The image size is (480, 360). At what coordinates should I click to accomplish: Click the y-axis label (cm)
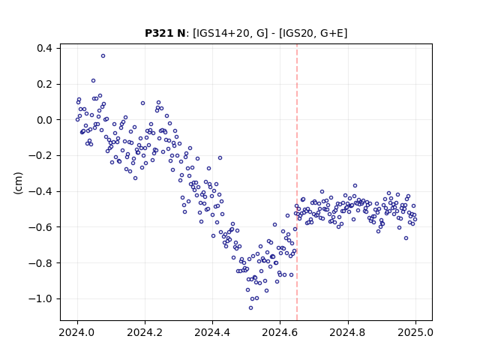[18, 183]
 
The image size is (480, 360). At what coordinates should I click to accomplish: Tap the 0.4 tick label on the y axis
[44, 48]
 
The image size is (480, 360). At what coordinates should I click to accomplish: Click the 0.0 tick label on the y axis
[44, 120]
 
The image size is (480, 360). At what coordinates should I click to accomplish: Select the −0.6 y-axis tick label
[40, 227]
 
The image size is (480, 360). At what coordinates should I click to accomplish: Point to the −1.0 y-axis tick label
[40, 298]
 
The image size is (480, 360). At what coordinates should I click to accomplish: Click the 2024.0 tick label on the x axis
[77, 332]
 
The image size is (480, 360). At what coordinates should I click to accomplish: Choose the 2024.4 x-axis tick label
[212, 332]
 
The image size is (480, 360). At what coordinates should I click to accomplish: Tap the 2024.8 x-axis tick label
[348, 332]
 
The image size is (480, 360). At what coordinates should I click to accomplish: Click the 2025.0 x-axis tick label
[415, 332]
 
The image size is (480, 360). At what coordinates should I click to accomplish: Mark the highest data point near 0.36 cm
[103, 56]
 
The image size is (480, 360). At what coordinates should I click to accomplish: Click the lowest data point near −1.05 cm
[250, 308]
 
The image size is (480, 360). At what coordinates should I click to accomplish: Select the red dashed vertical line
[297, 182]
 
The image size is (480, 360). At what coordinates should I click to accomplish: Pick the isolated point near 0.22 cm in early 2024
[93, 81]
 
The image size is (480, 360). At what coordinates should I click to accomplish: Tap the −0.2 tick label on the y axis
[40, 155]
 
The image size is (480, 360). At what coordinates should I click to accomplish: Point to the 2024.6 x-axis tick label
[280, 332]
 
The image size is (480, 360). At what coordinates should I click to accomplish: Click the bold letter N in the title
[181, 33]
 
